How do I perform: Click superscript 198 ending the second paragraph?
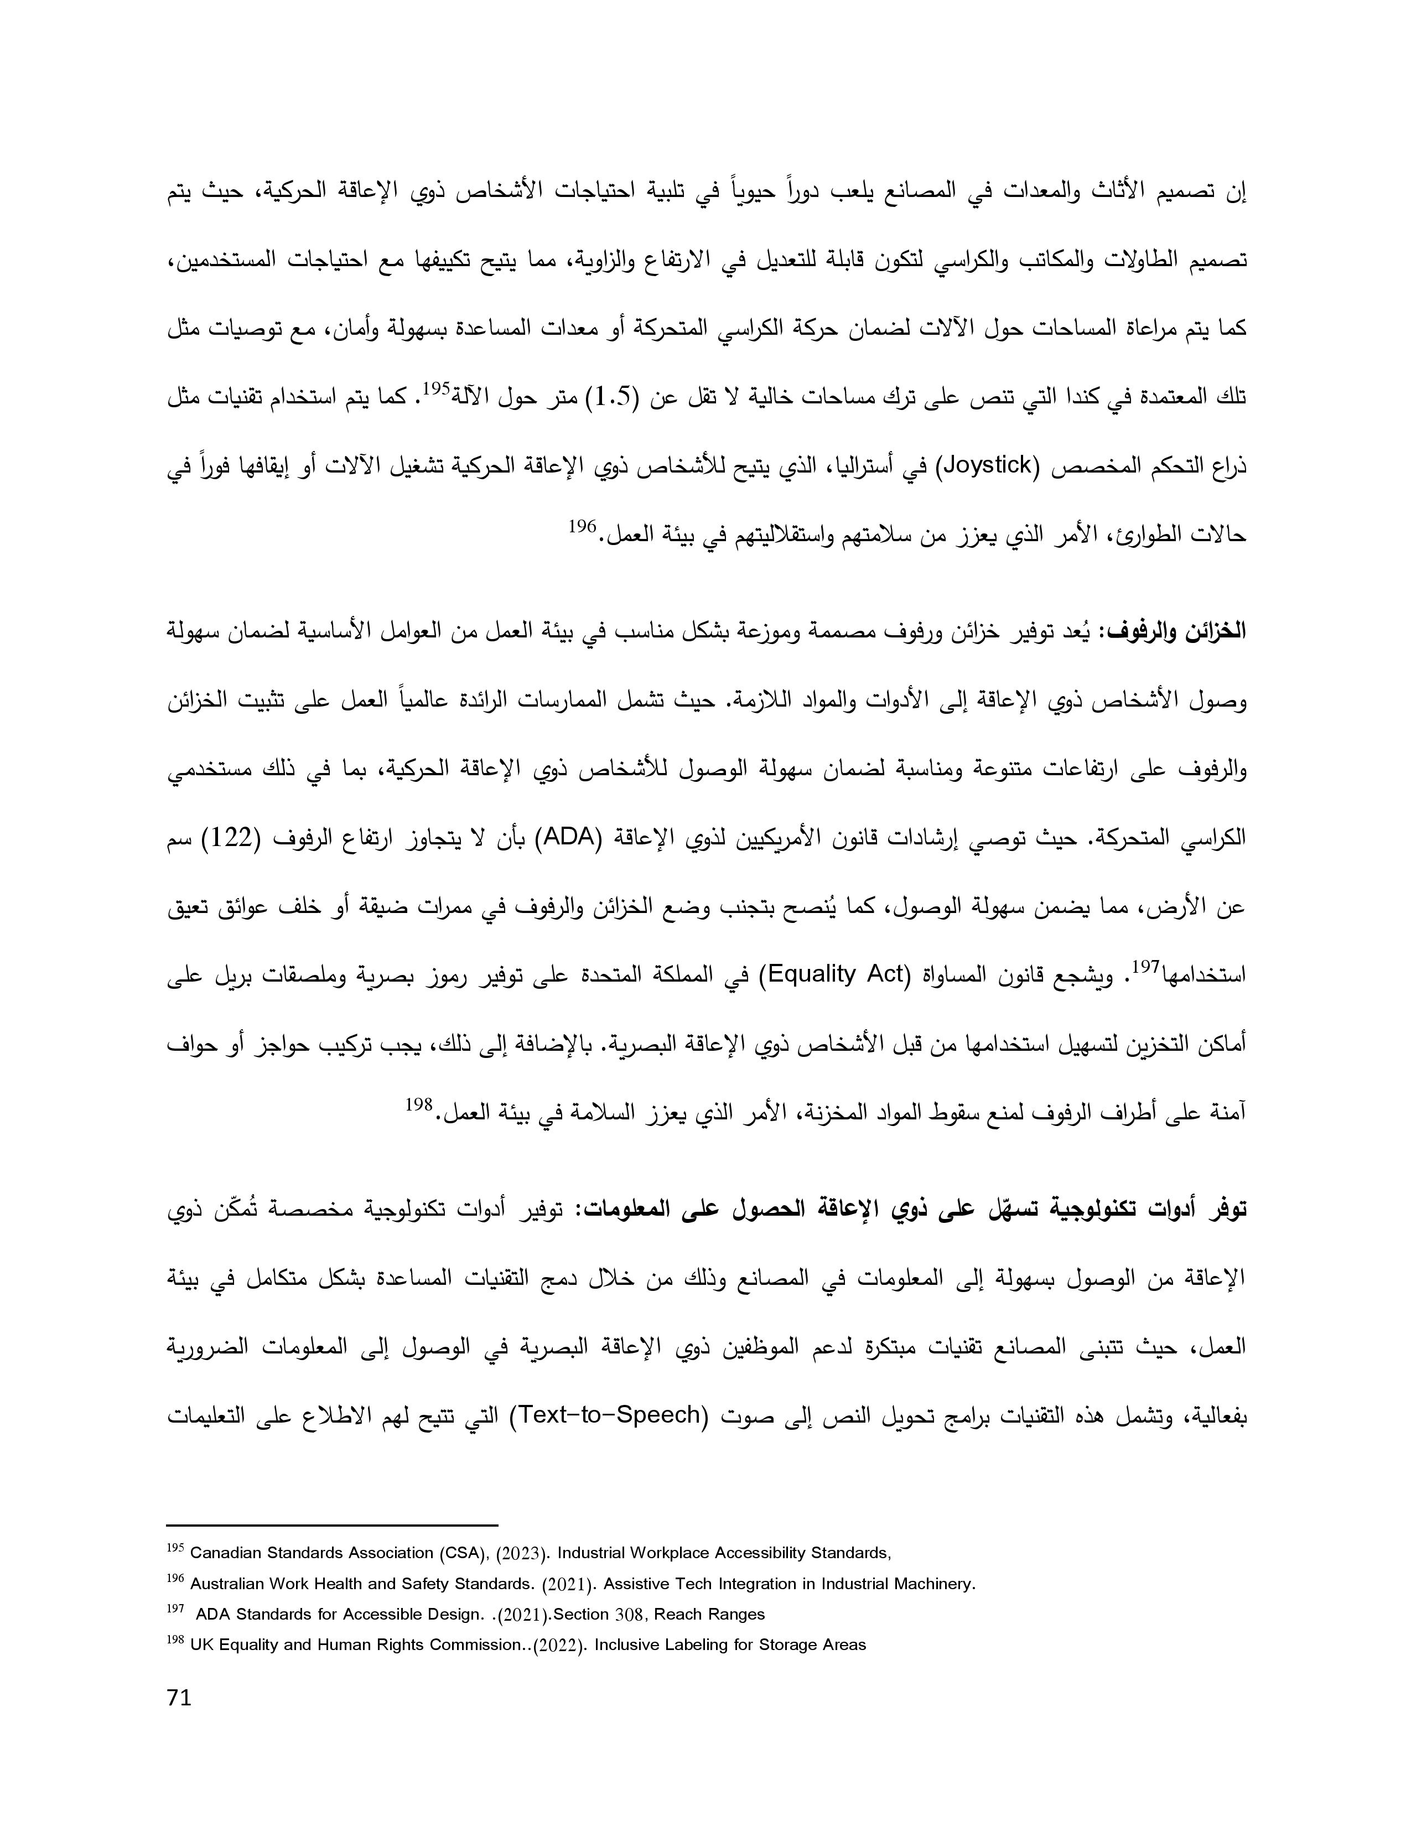(418, 1104)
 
